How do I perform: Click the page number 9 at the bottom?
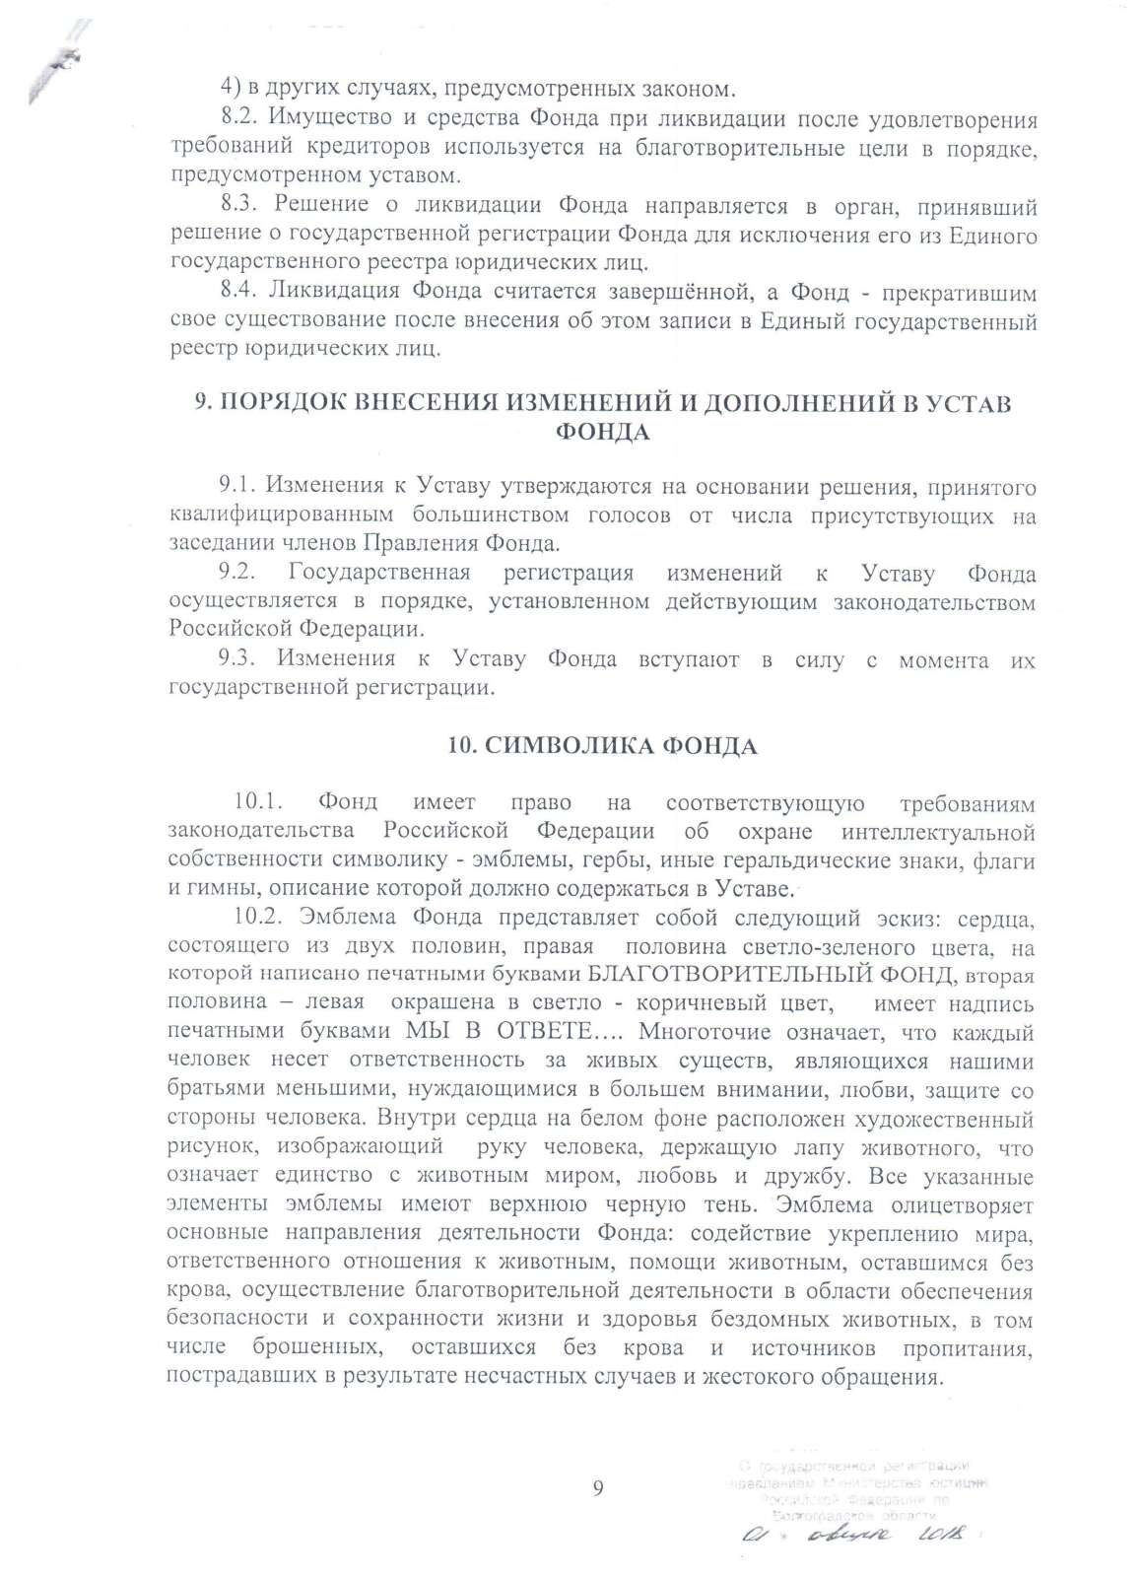598,1488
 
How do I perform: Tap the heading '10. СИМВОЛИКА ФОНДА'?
602,745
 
